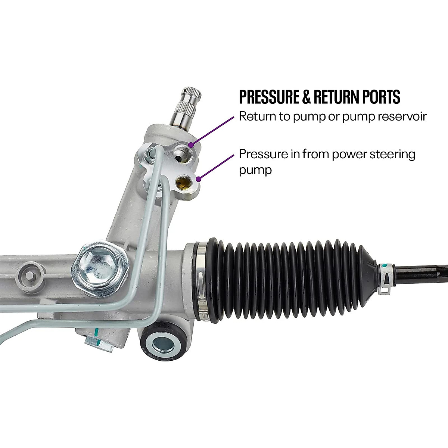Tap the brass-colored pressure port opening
click(183, 183)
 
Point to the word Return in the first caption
click(255, 116)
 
